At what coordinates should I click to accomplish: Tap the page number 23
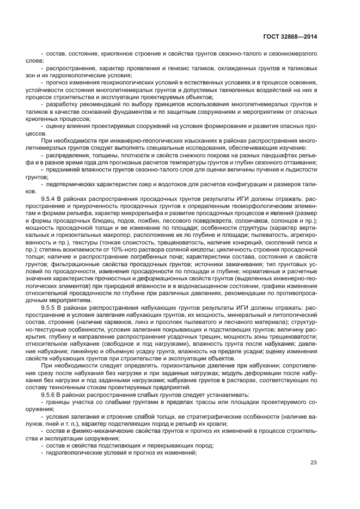[314, 463]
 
